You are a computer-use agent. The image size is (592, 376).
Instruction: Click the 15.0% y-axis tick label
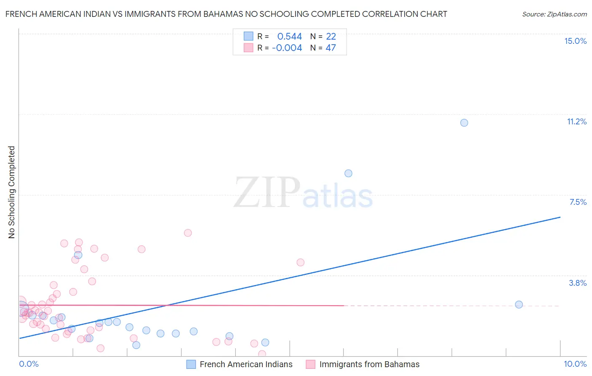point(575,41)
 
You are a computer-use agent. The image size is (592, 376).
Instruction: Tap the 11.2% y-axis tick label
point(576,121)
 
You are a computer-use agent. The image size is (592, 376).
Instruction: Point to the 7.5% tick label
point(578,202)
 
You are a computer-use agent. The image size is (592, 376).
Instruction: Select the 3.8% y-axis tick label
point(578,283)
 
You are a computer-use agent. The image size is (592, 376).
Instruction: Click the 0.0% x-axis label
point(29,364)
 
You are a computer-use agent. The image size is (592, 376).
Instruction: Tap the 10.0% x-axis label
point(575,364)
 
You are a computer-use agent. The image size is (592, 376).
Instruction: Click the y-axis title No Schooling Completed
point(11,192)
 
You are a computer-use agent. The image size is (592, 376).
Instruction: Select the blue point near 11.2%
point(464,123)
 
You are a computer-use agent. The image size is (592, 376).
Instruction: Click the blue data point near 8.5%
point(348,173)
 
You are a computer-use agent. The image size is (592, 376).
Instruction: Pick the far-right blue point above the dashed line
point(519,304)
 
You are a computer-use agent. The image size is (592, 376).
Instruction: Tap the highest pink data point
point(188,233)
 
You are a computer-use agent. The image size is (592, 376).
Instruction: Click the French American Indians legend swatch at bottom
point(191,364)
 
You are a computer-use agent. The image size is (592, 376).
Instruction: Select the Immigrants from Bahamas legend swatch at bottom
point(311,364)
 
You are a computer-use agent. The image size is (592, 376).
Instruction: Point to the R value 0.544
point(289,37)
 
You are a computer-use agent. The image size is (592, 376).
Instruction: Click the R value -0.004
point(287,48)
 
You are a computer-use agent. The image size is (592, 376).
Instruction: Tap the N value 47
point(331,48)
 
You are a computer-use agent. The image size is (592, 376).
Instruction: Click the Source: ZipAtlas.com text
point(554,14)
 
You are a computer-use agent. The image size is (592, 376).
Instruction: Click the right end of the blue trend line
point(560,217)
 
